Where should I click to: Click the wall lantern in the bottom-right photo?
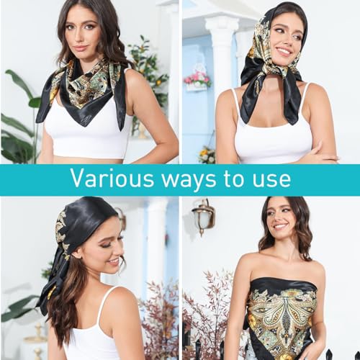[204, 217]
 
